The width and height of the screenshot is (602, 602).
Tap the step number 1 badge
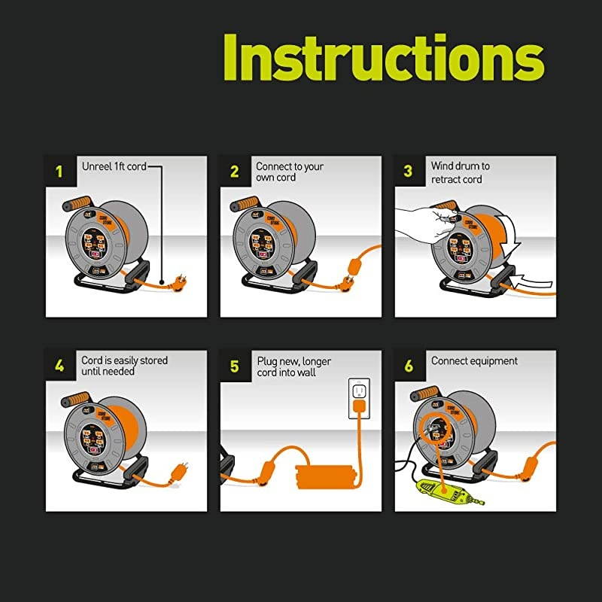(59, 170)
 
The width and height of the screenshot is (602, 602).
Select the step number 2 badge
(234, 170)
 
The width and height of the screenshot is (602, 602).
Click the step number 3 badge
(409, 170)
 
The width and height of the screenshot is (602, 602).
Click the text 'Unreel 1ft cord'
(114, 166)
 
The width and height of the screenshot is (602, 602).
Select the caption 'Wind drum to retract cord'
(460, 172)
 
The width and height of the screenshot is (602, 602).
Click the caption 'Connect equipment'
(474, 360)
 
